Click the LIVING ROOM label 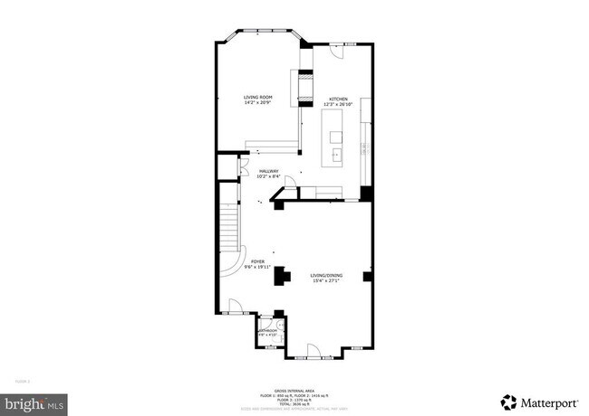(x=258, y=97)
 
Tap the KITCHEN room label (x=338, y=99)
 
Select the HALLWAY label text (x=269, y=172)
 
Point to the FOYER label (x=257, y=260)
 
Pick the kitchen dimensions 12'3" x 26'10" (x=338, y=104)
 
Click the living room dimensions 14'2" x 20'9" (x=258, y=102)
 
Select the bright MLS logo (x=34, y=401)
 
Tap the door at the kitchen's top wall (x=336, y=52)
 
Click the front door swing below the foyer (x=235, y=307)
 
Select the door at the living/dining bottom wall (x=313, y=349)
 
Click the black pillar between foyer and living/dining (x=282, y=275)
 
